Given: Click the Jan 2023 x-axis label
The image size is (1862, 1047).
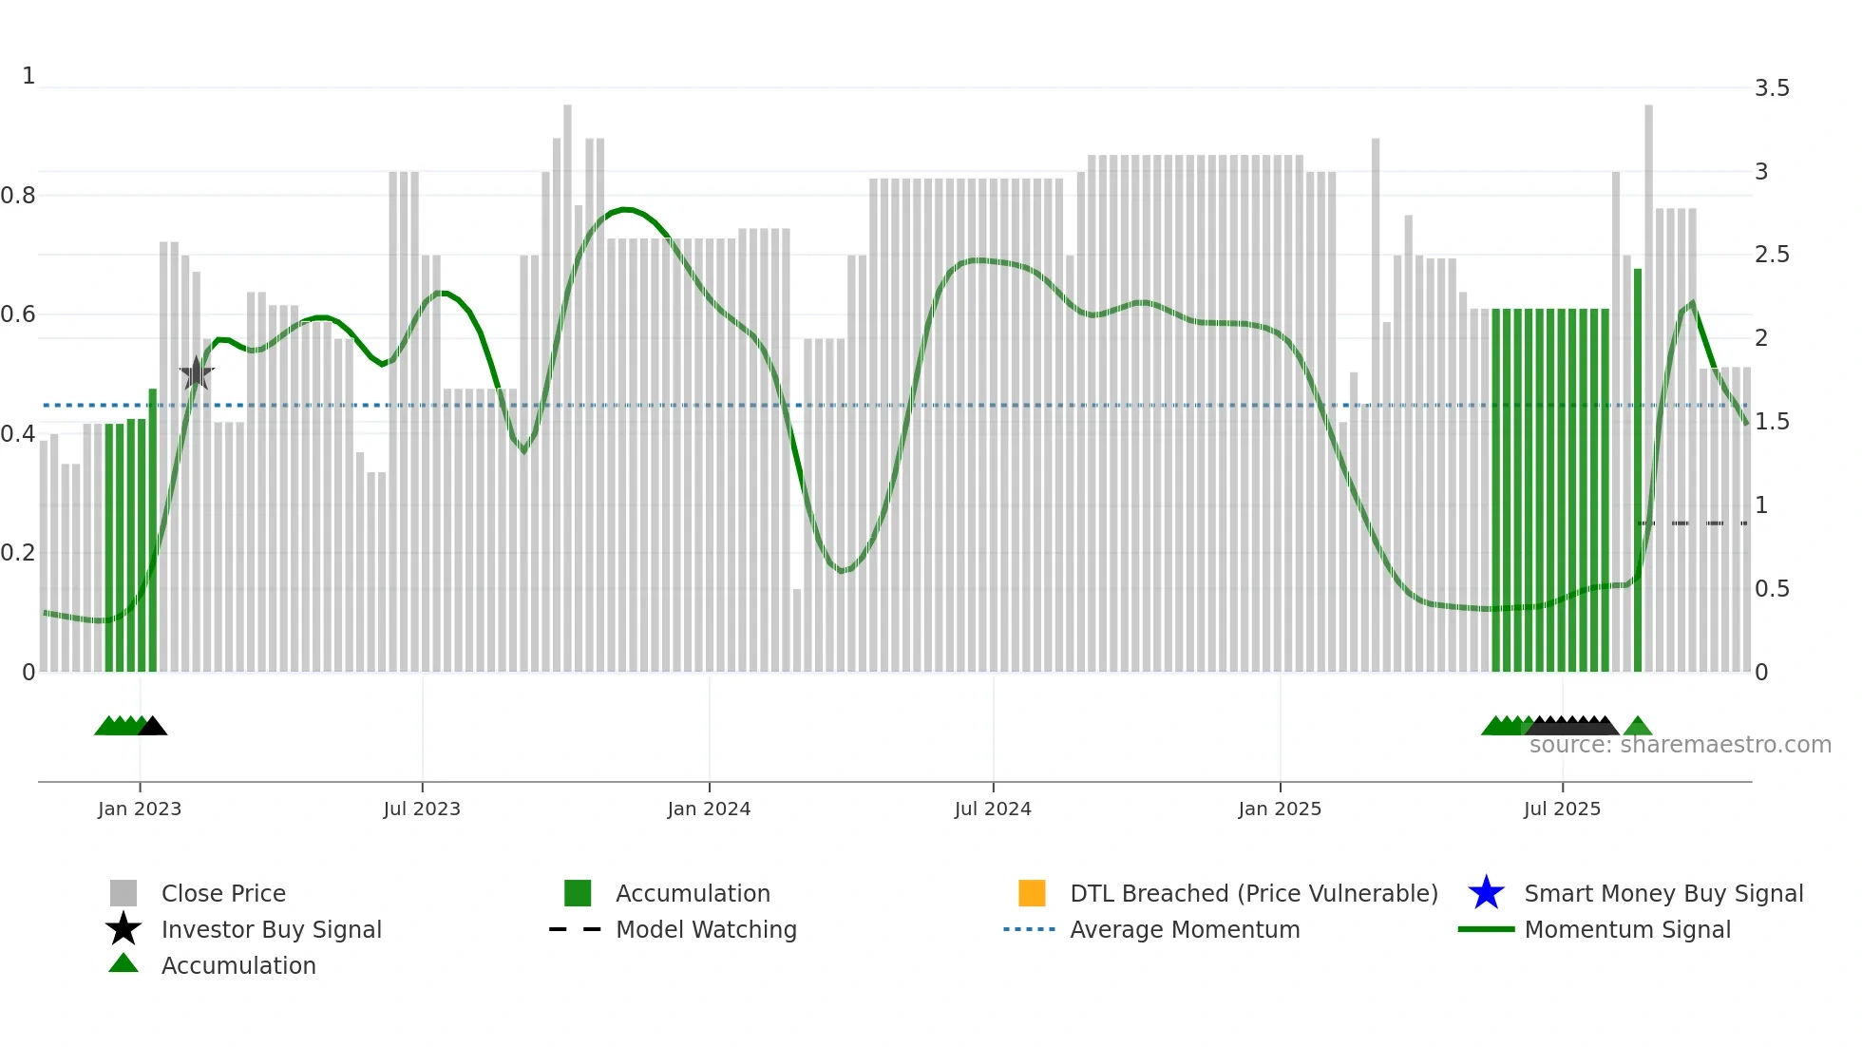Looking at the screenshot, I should [139, 809].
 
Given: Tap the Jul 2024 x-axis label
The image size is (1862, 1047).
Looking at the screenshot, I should [993, 809].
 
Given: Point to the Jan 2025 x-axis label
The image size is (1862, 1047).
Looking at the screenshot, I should [1280, 809].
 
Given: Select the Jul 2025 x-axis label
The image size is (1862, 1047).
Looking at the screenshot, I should [1562, 809].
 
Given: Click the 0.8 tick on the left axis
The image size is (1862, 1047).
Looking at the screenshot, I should [18, 196].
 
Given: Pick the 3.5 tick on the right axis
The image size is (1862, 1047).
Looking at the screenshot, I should [1772, 88].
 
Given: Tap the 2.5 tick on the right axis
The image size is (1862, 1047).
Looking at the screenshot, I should [1772, 255].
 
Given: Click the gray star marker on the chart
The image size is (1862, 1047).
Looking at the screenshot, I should [197, 373].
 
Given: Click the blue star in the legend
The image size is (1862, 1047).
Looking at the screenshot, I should [1486, 893].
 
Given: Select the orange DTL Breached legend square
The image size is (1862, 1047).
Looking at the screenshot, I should [1032, 893].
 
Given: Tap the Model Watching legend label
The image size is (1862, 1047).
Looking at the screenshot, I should [706, 929].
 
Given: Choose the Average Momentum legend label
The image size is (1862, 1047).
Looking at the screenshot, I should [1185, 929].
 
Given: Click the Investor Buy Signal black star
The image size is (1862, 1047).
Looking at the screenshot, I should [123, 929].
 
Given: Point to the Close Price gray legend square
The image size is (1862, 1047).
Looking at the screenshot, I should [123, 893].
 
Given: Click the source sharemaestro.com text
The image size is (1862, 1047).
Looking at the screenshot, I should [1680, 745].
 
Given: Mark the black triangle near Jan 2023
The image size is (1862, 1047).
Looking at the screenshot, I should [153, 727].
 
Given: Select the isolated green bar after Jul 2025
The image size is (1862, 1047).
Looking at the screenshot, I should [1638, 470].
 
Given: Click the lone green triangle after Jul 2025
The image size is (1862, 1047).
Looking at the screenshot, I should [1638, 727].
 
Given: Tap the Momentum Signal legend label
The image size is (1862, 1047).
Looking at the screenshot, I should [1627, 929].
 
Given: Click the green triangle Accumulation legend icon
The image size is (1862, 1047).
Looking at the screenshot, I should [123, 963].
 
